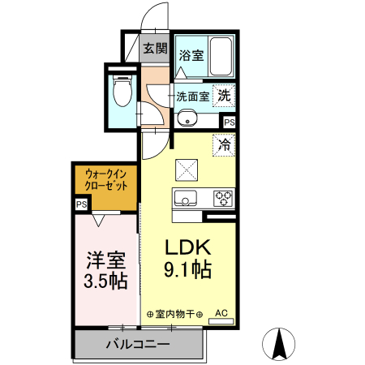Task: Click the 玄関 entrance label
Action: (x=155, y=49)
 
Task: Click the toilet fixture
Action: (x=122, y=91)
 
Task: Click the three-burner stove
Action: (x=223, y=198)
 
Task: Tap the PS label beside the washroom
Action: (x=230, y=123)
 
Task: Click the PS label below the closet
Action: (x=81, y=205)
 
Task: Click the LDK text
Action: (x=189, y=247)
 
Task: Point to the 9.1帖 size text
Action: (x=189, y=270)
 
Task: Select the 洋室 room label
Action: (x=106, y=261)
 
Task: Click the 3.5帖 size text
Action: (x=106, y=282)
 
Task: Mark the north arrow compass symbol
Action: (x=281, y=344)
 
